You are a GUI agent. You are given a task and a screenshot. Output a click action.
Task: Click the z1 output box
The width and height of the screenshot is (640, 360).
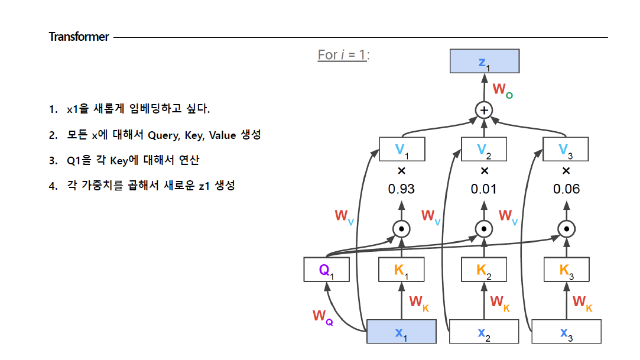(485, 61)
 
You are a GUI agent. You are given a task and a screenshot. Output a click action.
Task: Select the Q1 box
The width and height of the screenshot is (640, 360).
(326, 270)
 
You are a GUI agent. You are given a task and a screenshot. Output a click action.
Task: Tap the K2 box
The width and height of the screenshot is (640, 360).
(484, 270)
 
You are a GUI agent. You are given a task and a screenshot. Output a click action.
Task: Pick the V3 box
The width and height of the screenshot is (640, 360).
(566, 149)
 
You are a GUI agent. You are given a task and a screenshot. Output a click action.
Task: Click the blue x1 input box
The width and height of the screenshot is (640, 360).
(401, 332)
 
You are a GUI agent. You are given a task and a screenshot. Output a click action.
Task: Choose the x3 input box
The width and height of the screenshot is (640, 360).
(566, 332)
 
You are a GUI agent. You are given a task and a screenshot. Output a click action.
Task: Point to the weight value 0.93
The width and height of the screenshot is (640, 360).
(401, 189)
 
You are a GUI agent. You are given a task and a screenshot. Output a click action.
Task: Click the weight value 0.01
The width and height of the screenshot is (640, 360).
(484, 189)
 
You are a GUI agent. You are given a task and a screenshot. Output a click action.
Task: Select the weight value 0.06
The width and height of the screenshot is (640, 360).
(566, 189)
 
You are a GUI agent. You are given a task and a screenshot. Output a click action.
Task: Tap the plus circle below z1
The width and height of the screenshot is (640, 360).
(484, 110)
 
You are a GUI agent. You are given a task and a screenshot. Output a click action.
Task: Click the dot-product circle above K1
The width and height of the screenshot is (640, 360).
(401, 229)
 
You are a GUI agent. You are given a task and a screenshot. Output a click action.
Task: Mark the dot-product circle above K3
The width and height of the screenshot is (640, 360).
(566, 229)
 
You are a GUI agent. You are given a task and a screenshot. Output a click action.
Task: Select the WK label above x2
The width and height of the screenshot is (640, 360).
(500, 302)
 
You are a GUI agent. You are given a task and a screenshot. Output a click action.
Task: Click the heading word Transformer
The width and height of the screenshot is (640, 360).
(79, 37)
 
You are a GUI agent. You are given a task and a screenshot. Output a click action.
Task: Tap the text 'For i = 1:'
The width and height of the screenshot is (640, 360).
(343, 55)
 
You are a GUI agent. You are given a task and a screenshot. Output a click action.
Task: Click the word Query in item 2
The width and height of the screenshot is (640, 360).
(163, 135)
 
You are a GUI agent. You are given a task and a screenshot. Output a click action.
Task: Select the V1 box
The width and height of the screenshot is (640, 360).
(401, 149)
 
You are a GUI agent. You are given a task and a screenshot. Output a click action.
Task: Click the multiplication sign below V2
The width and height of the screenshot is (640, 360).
(484, 171)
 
